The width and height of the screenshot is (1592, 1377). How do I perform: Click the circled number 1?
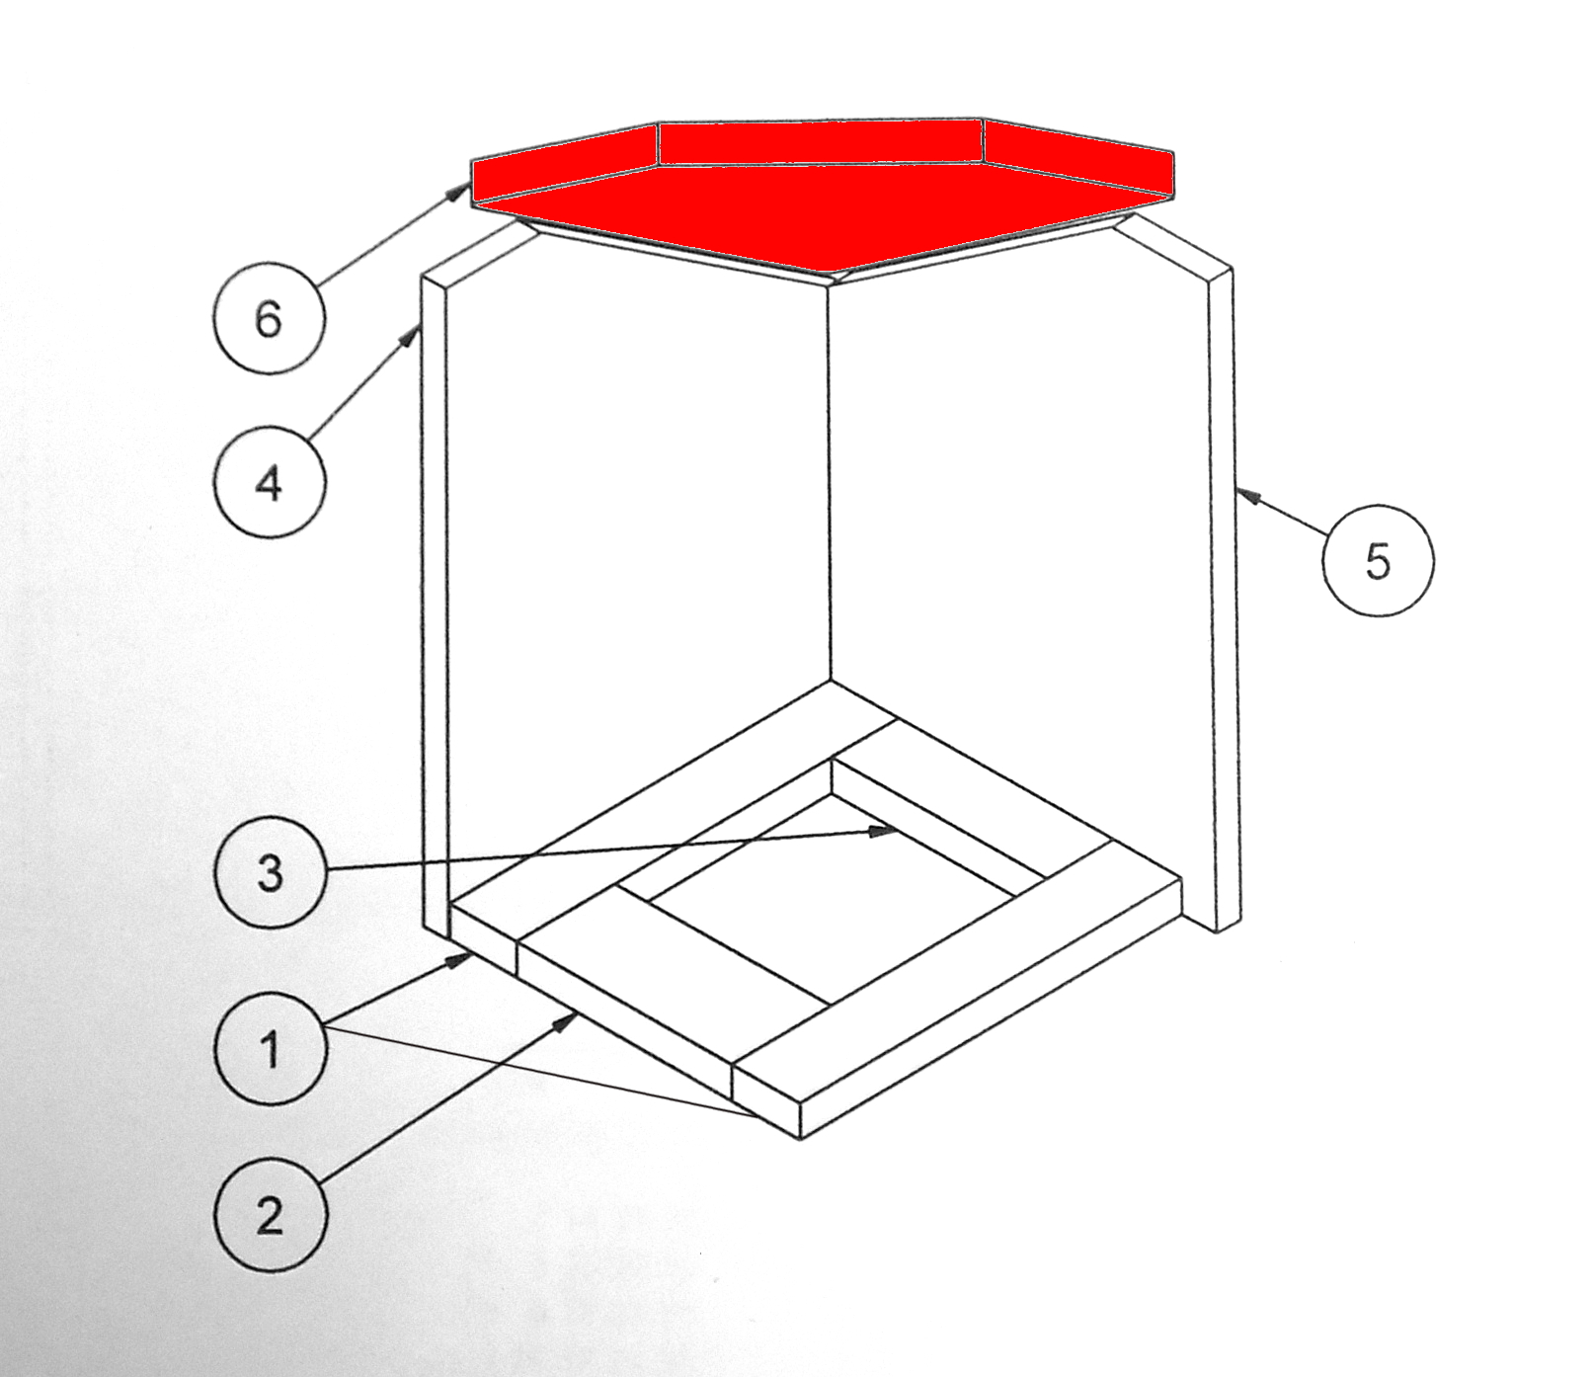tap(270, 1047)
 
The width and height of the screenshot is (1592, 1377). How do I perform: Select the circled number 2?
tap(270, 1214)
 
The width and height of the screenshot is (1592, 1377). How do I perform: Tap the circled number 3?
tap(270, 872)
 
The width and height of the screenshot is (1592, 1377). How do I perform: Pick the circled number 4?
tap(270, 483)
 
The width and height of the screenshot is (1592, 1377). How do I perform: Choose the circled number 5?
tap(1378, 561)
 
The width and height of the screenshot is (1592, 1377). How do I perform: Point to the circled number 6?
tap(270, 318)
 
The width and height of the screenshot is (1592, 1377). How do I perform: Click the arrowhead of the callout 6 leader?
tap(461, 189)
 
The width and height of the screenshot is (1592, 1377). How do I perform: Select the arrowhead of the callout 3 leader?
tap(882, 832)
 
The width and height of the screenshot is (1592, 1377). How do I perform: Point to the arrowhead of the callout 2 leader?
tap(567, 1020)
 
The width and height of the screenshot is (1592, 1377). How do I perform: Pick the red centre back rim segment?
tap(821, 142)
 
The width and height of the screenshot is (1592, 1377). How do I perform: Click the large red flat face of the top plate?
tap(825, 212)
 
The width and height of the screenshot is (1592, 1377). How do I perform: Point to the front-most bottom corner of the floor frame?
tap(799, 1139)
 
